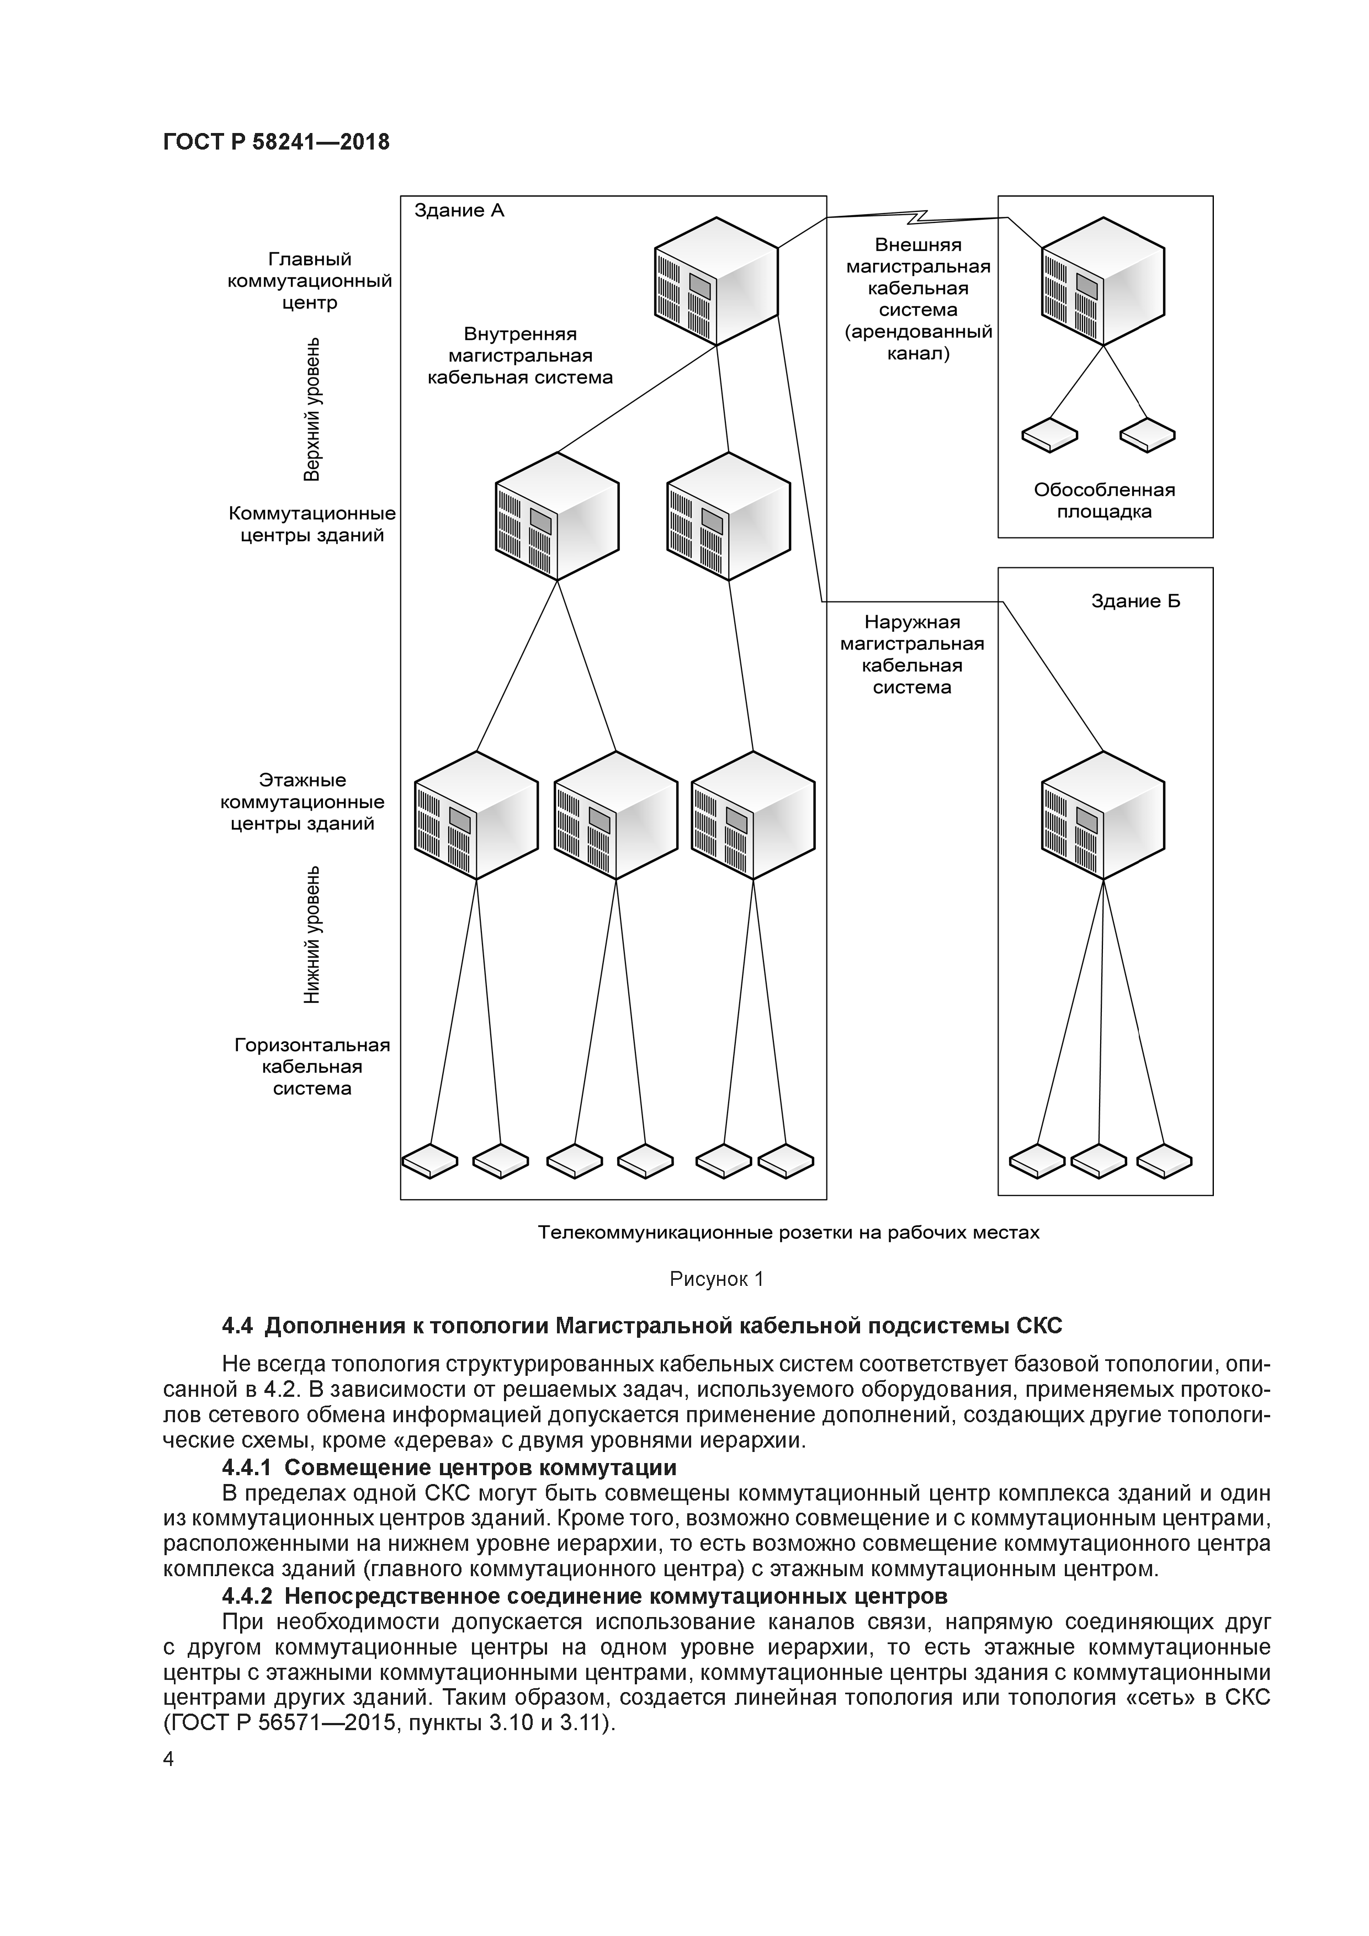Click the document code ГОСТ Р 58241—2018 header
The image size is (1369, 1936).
click(x=276, y=142)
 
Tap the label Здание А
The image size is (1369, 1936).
click(x=459, y=211)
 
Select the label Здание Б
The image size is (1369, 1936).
click(x=1135, y=601)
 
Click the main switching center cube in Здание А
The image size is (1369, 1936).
click(x=716, y=281)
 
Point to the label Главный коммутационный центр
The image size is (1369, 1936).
click(x=310, y=281)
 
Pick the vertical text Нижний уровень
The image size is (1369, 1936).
click(x=312, y=934)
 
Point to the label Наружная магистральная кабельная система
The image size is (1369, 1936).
click(x=912, y=655)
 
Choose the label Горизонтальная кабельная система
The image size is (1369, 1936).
click(x=312, y=1067)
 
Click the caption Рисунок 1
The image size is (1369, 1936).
click(x=716, y=1279)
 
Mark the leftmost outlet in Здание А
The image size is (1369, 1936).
click(x=429, y=1161)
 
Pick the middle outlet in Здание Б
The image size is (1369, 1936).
click(x=1099, y=1161)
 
